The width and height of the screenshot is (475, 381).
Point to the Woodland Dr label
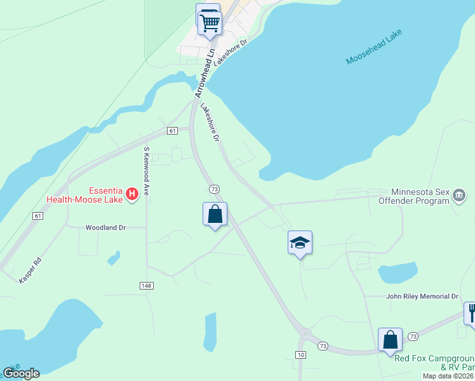click(x=106, y=227)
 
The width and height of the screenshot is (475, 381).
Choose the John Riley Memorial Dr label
click(x=422, y=297)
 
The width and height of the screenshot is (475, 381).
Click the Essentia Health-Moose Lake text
click(x=86, y=194)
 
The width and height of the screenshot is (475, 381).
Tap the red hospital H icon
click(x=132, y=193)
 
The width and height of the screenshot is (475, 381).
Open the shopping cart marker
click(x=210, y=23)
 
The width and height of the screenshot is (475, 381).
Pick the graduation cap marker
click(x=300, y=243)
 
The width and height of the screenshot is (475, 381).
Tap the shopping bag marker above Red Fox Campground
click(x=390, y=340)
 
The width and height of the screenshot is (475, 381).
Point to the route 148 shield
click(x=147, y=286)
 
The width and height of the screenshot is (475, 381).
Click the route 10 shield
click(x=302, y=354)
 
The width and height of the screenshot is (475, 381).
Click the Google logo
click(x=21, y=373)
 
